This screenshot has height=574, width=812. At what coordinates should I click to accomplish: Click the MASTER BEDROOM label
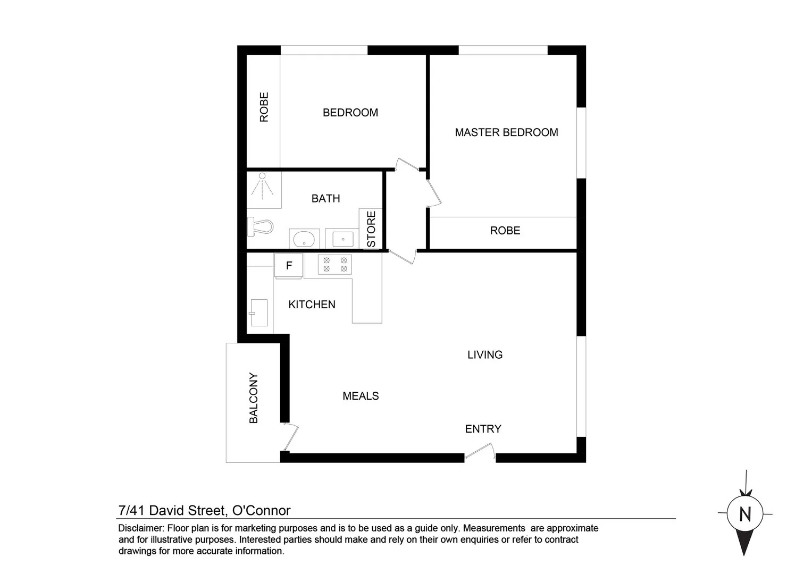click(506, 132)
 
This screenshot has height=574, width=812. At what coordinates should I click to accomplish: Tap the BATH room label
click(325, 198)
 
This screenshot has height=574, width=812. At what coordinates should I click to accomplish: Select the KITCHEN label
click(312, 305)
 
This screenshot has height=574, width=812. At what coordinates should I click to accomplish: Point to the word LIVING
click(484, 354)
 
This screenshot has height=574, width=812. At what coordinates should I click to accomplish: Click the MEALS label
click(361, 396)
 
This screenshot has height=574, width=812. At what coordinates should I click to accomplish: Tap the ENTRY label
click(483, 429)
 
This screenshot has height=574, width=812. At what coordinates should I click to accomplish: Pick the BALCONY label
click(253, 398)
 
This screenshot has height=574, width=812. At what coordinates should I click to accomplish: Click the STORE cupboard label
click(371, 229)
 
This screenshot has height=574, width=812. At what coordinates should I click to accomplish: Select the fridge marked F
click(289, 266)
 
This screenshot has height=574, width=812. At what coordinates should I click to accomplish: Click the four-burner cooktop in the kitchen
click(335, 265)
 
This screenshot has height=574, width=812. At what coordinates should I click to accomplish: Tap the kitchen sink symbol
click(259, 313)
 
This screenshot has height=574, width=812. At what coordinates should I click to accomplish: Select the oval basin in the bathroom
click(304, 239)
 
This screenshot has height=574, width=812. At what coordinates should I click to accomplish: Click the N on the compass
click(745, 514)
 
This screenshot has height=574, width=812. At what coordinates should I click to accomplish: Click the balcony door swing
click(290, 436)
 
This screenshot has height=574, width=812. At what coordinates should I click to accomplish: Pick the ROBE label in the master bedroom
click(505, 231)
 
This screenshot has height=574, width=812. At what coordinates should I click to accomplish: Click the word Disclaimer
click(141, 528)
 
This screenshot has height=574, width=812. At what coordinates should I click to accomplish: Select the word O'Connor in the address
click(262, 511)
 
